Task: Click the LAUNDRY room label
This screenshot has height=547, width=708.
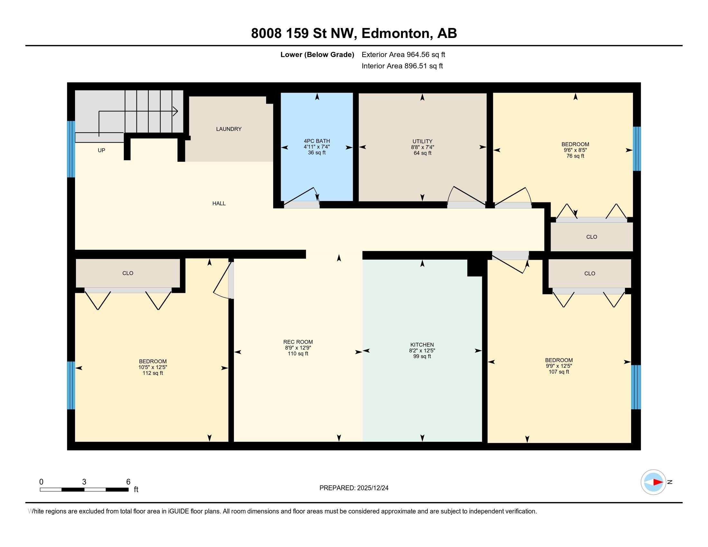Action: point(228,129)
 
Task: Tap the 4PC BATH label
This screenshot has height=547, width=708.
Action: point(317,141)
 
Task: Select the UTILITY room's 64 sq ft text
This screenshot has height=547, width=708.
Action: point(422,153)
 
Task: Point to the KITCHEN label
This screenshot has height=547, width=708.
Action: point(422,345)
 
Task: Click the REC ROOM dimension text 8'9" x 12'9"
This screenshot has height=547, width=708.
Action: point(298,348)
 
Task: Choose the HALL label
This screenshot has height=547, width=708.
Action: point(219,203)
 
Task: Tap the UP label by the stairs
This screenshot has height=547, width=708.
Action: point(101,150)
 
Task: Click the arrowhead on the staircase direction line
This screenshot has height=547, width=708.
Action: point(176,111)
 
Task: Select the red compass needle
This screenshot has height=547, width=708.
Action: point(658,482)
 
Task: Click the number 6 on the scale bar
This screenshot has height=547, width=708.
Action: point(128,482)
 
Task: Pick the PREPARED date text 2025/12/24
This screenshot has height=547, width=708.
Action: point(372,488)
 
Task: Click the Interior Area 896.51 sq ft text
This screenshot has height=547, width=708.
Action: point(402,66)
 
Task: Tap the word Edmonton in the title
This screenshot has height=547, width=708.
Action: point(397,33)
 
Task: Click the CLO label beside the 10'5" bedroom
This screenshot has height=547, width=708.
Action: point(128,273)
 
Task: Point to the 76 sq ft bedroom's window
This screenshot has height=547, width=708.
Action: point(637,148)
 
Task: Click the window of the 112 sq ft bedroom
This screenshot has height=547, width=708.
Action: point(71,385)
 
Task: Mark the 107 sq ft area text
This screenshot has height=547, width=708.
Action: point(559,372)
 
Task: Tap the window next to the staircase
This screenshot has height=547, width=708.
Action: point(71,149)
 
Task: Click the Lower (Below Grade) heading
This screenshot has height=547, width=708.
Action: point(317,55)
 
